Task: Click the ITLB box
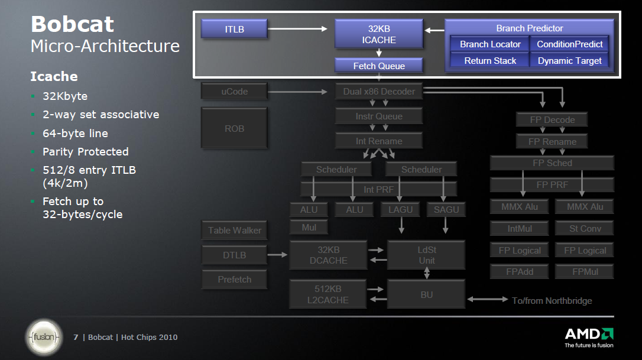[234, 29]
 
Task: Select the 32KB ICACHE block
[379, 34]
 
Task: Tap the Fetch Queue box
[379, 66]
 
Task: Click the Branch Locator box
[490, 44]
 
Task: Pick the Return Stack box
[490, 60]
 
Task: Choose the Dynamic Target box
[570, 60]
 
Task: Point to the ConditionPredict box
[570, 44]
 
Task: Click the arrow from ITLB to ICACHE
[299, 28]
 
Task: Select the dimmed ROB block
[234, 128]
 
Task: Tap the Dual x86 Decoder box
[379, 92]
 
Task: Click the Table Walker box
[234, 231]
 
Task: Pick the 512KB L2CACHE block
[328, 294]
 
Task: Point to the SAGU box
[446, 210]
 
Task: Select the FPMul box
[584, 272]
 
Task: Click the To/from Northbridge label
[552, 301]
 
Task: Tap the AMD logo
[589, 335]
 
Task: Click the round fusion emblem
[43, 338]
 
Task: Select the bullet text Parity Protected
[85, 152]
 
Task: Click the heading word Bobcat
[72, 24]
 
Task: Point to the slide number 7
[76, 338]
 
